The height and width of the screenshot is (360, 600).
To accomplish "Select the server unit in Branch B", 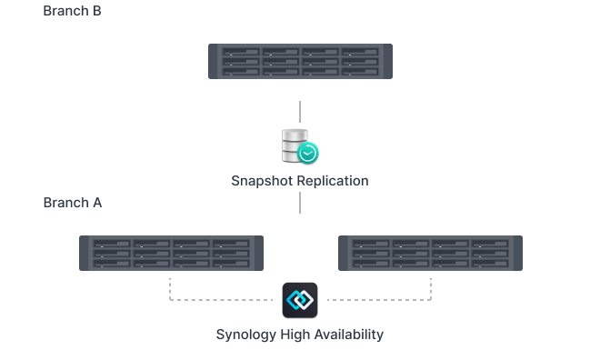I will point(300,61).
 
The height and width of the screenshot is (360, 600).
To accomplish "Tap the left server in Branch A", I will point(171,253).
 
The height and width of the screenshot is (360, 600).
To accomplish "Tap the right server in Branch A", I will point(429,253).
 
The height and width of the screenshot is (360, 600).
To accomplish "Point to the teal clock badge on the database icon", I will point(309,154).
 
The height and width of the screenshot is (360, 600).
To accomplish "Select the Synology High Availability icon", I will point(300,299).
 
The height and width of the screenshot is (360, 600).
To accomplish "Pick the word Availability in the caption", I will point(349,335).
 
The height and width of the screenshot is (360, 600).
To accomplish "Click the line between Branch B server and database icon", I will point(300,113).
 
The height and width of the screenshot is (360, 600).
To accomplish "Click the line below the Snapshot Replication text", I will point(300,202).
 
